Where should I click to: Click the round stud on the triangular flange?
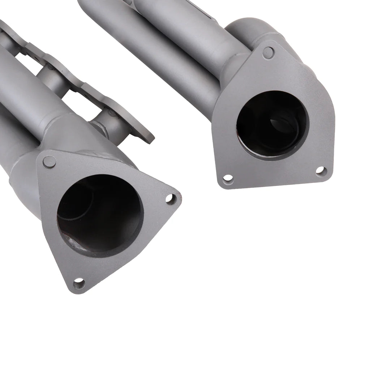click(50, 162)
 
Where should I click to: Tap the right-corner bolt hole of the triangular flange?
click(171, 198)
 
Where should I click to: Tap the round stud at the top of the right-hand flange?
click(268, 52)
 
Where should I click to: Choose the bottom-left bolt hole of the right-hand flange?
click(228, 178)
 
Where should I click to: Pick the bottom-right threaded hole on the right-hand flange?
click(320, 171)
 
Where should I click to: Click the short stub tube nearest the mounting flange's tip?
click(105, 126)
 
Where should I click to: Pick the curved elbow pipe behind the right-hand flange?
click(249, 31)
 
